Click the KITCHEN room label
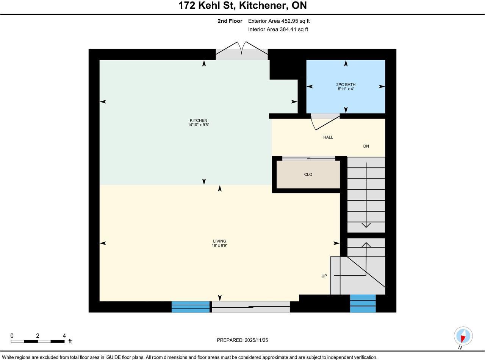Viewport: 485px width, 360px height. pyautogui.click(x=199, y=120)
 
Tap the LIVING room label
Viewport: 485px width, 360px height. pyautogui.click(x=219, y=241)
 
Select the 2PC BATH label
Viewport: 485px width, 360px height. pyautogui.click(x=346, y=84)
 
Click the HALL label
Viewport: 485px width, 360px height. pyautogui.click(x=328, y=137)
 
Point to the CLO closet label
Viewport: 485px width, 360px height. pyautogui.click(x=308, y=175)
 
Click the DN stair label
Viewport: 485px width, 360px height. pyautogui.click(x=366, y=146)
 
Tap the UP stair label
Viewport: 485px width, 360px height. pyautogui.click(x=324, y=276)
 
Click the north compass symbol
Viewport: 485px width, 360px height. pyautogui.click(x=463, y=336)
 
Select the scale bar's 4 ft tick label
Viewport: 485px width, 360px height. pyautogui.click(x=64, y=336)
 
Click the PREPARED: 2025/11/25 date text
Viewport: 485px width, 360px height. pyautogui.click(x=242, y=340)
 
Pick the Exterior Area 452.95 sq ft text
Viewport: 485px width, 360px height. pyautogui.click(x=279, y=21)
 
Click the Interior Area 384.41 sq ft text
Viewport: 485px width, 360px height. pyautogui.click(x=278, y=30)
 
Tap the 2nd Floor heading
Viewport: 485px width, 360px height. pyautogui.click(x=230, y=21)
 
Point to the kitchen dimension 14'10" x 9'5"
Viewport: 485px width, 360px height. pyautogui.click(x=199, y=125)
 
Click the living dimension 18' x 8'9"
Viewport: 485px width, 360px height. pyautogui.click(x=219, y=245)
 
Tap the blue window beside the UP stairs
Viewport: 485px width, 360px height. pyautogui.click(x=363, y=304)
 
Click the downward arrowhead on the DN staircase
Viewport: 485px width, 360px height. pyautogui.click(x=366, y=225)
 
